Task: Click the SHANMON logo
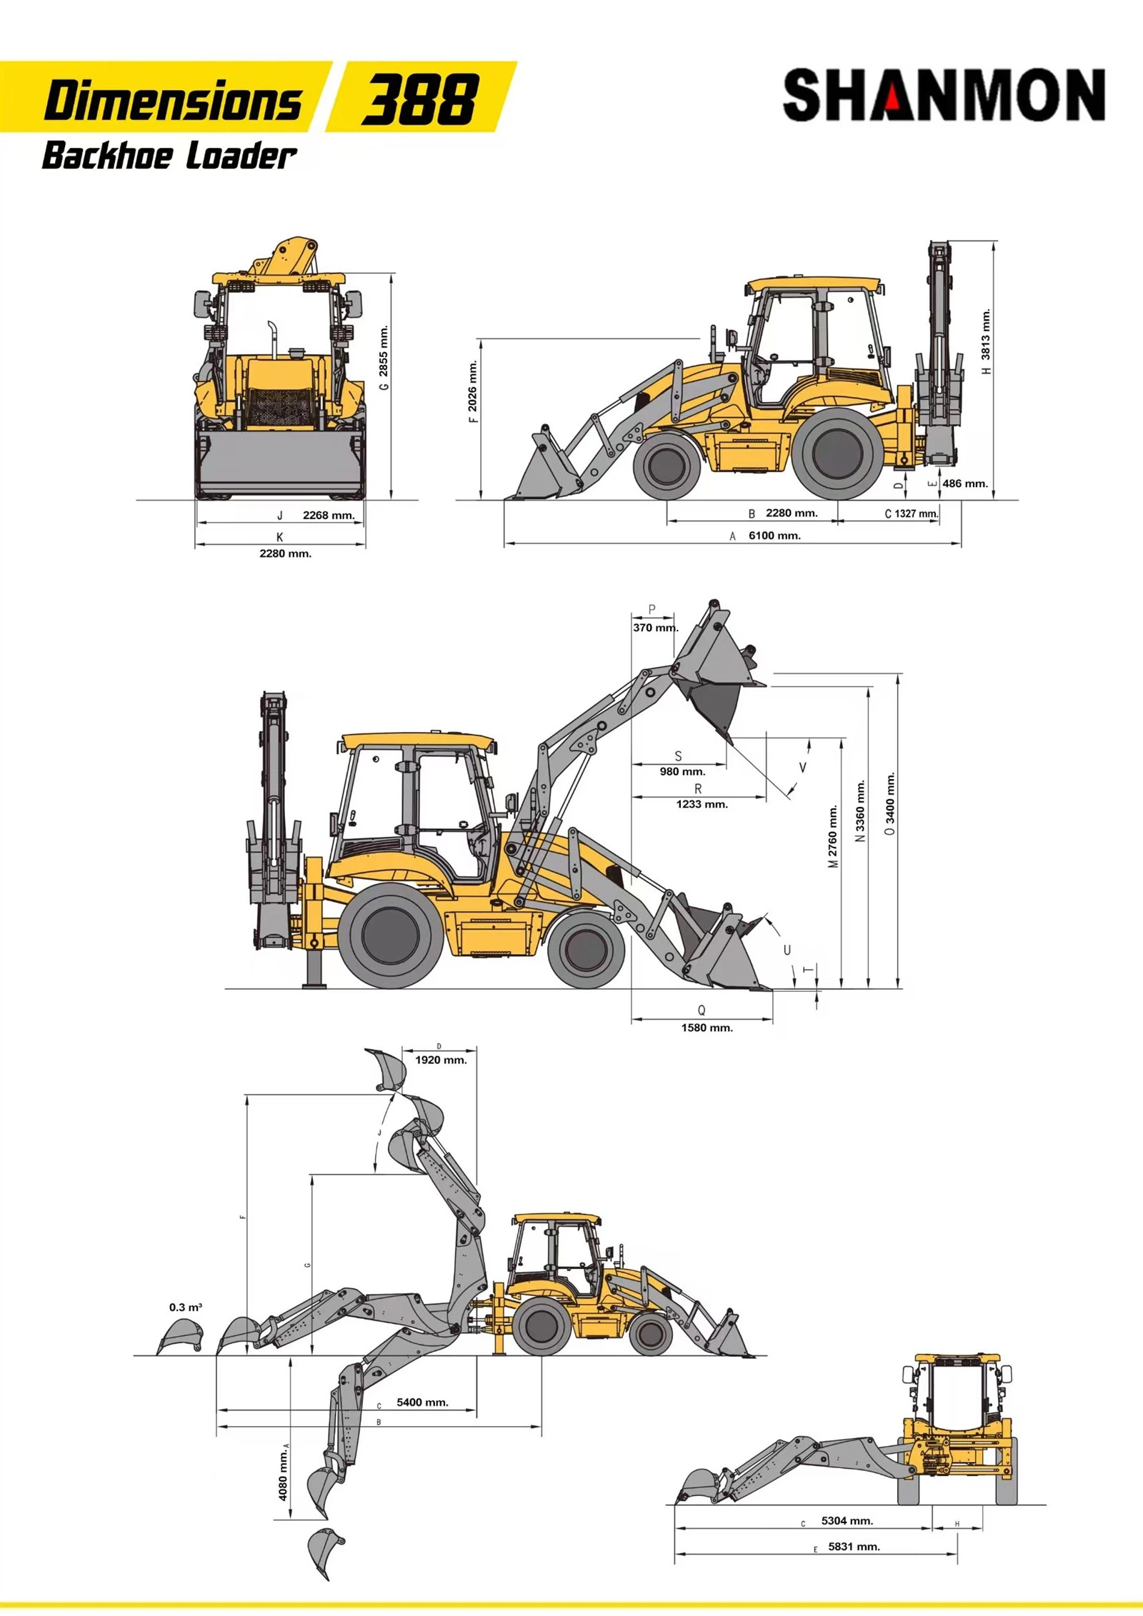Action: pyautogui.click(x=944, y=95)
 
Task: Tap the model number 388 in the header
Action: pyautogui.click(x=420, y=99)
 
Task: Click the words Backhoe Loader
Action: pyautogui.click(x=169, y=156)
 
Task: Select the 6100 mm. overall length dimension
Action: pyautogui.click(x=774, y=536)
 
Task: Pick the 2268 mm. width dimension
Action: pyautogui.click(x=329, y=515)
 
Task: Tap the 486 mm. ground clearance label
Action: pyautogui.click(x=965, y=483)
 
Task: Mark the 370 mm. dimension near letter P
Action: pyautogui.click(x=655, y=628)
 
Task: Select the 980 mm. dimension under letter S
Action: pyautogui.click(x=682, y=771)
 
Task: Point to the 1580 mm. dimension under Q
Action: pyautogui.click(x=707, y=1028)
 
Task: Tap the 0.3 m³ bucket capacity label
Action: pyautogui.click(x=186, y=1307)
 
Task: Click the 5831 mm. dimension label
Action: pyautogui.click(x=854, y=1547)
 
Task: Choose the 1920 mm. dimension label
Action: pyautogui.click(x=441, y=1060)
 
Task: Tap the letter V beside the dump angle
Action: pyautogui.click(x=803, y=768)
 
